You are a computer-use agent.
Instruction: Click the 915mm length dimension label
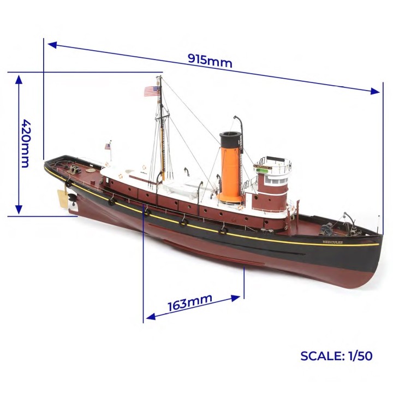point(210,61)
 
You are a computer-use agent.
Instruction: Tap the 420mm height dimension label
point(25,143)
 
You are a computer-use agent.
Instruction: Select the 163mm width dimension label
point(190,302)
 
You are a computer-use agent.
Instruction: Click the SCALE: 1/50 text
point(336,356)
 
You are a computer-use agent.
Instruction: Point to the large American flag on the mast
point(152,91)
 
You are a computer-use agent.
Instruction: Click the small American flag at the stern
point(108,146)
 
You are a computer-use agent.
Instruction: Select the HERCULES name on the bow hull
point(332,242)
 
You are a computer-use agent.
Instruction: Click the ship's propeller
point(72,200)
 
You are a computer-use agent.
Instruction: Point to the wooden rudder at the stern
point(63,199)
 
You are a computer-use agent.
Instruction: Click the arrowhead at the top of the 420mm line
point(19,79)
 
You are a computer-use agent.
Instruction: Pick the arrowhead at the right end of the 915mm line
point(375,91)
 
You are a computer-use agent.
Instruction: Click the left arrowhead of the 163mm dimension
point(151,317)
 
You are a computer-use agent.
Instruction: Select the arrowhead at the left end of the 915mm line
point(52,45)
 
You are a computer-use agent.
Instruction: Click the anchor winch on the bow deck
point(326,229)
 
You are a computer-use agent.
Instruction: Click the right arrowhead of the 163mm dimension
point(236,298)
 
